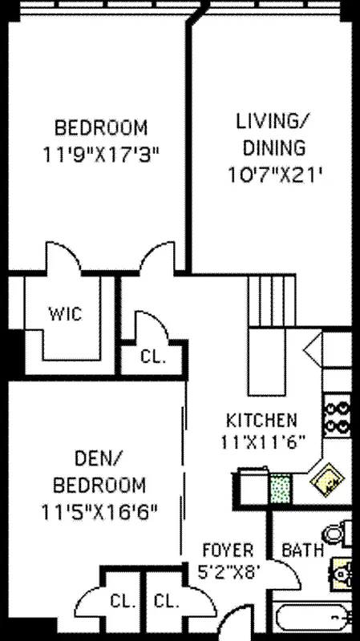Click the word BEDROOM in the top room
coord(101,127)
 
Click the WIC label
coord(65,312)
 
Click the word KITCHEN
coord(261,420)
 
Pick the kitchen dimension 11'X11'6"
coord(261,440)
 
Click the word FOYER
coord(229,550)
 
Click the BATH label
coord(303,550)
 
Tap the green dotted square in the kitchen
coord(280,486)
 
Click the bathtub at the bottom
coord(313,619)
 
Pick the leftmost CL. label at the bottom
coord(122,601)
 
